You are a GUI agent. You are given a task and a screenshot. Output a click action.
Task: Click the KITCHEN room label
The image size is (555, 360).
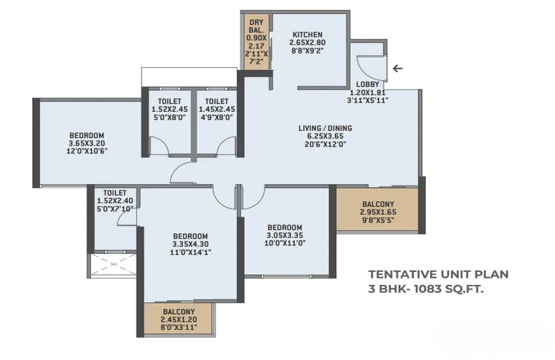pyautogui.click(x=307, y=35)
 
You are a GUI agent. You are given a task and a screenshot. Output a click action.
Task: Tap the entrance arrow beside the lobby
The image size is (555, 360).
pyautogui.click(x=398, y=69)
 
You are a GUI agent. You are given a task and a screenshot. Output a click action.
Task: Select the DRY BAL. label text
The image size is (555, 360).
pyautogui.click(x=256, y=27)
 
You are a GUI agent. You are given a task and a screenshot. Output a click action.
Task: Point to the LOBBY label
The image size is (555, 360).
pyautogui.click(x=367, y=84)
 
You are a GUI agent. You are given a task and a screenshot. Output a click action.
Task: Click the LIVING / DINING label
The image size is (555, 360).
pyautogui.click(x=325, y=128)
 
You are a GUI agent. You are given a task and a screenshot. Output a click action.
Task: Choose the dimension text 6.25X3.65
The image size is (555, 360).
pyautogui.click(x=325, y=136)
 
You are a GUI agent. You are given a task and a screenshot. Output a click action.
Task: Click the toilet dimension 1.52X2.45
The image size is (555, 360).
pyautogui.click(x=170, y=110)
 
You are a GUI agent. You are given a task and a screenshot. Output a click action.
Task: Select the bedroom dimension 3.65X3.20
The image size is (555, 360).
pyautogui.click(x=87, y=144)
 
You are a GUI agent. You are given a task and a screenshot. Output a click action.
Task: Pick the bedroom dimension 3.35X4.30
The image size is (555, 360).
pyautogui.click(x=191, y=245)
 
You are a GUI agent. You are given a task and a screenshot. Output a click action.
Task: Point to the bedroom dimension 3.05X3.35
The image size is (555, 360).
pyautogui.click(x=284, y=235)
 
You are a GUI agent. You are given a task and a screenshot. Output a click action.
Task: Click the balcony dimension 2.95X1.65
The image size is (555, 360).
pyautogui.click(x=378, y=212)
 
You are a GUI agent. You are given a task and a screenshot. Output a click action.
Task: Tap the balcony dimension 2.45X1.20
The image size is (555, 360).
pyautogui.click(x=179, y=320)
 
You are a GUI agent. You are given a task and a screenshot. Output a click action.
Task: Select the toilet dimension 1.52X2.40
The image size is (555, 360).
pyautogui.click(x=115, y=201)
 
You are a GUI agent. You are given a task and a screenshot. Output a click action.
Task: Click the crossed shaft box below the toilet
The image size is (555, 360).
pyautogui.click(x=113, y=265)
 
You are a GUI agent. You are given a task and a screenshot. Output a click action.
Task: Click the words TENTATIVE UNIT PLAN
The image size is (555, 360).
pyautogui.click(x=438, y=274)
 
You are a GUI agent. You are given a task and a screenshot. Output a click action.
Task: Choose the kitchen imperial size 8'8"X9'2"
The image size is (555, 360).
pyautogui.click(x=307, y=51)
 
